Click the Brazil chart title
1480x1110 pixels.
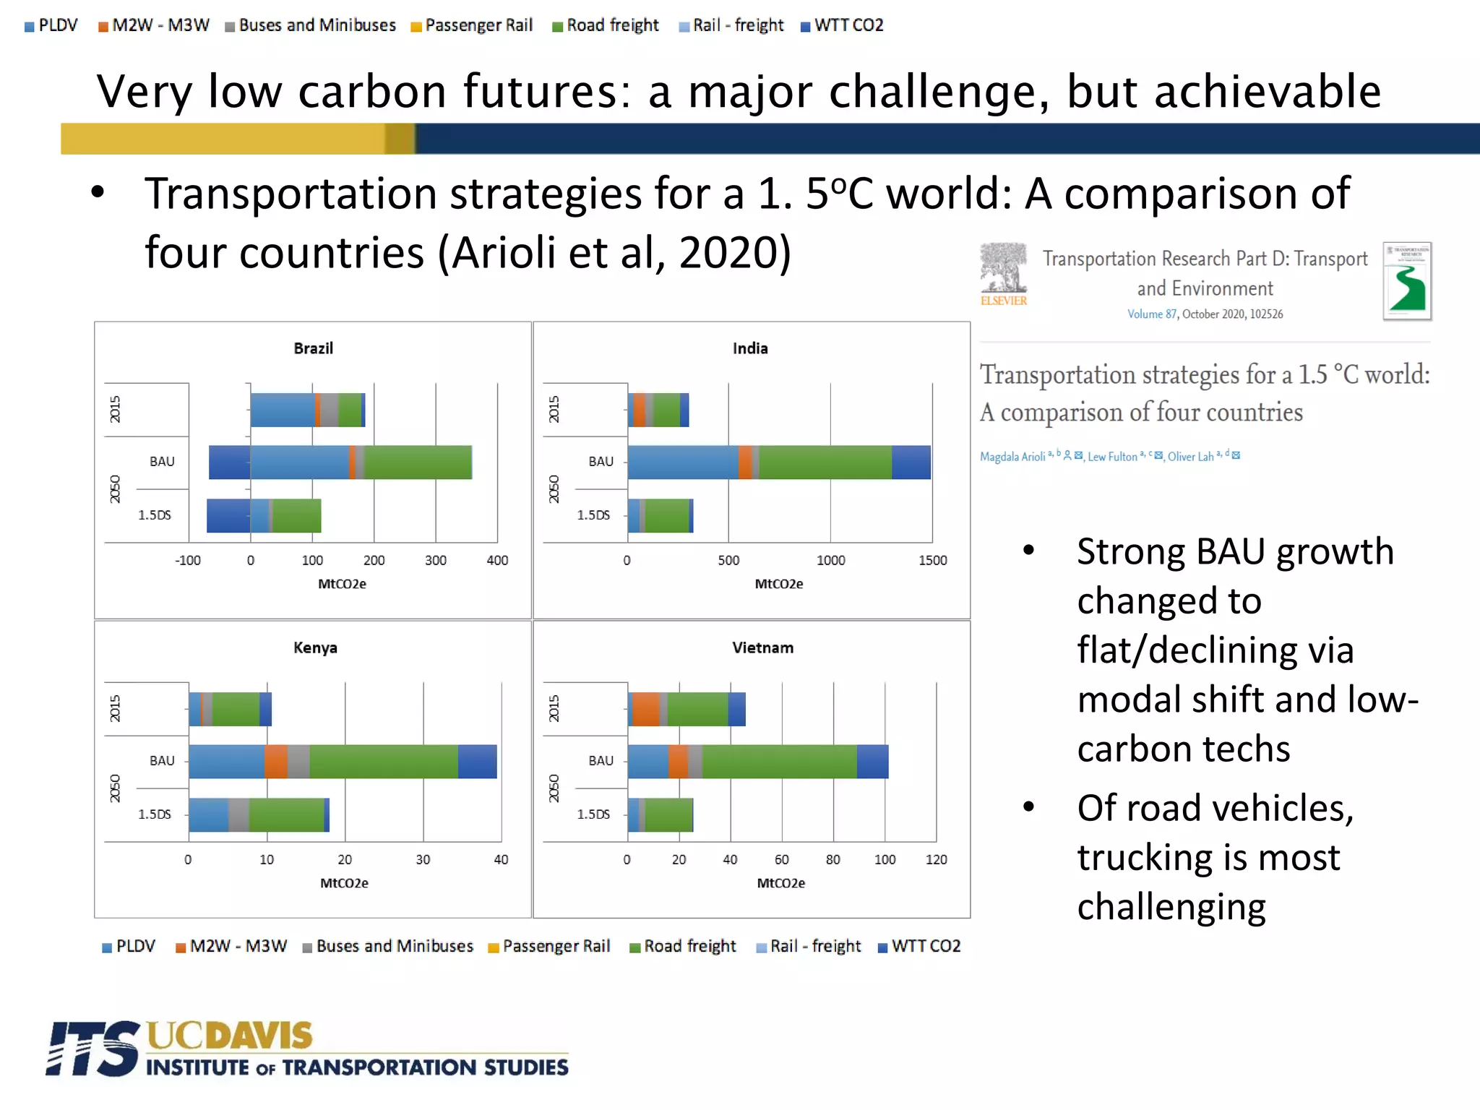point(313,348)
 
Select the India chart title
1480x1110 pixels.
point(750,348)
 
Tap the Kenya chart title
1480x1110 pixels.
point(315,647)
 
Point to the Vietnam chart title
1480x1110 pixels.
point(762,647)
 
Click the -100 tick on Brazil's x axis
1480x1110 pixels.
point(188,560)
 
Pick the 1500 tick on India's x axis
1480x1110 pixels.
point(932,560)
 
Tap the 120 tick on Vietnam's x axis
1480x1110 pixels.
point(936,859)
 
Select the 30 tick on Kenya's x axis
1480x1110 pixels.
point(423,859)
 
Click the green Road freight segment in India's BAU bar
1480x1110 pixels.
point(825,462)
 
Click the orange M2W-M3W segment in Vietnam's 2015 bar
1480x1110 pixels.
point(645,709)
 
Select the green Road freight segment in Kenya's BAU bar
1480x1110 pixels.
point(383,762)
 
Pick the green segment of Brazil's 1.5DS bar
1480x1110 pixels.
point(296,515)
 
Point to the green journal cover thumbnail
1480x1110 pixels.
point(1406,281)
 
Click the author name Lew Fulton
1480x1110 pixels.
point(1112,457)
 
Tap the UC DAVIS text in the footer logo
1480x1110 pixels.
point(230,1036)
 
